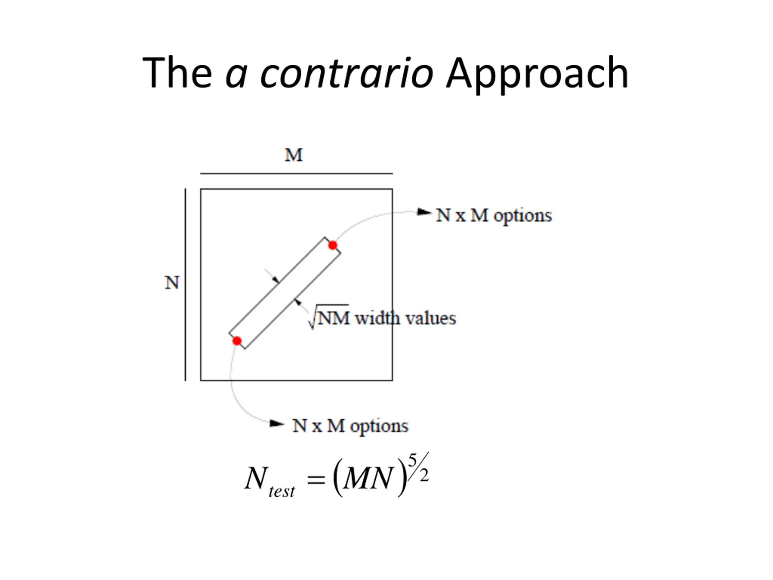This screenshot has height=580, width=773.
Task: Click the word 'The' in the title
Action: tap(177, 73)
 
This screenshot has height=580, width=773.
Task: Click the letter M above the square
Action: tap(293, 155)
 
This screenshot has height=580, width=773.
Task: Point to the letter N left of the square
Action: tap(172, 282)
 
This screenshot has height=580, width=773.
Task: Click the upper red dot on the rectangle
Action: tap(333, 245)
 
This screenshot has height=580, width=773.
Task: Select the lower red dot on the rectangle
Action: tap(237, 341)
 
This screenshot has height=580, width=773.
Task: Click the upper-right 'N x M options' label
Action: tap(494, 215)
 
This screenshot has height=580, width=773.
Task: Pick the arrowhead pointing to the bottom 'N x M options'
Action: tap(277, 424)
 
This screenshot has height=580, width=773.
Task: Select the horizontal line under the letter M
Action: tap(296, 173)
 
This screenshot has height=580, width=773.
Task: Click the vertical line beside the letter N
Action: tap(185, 285)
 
